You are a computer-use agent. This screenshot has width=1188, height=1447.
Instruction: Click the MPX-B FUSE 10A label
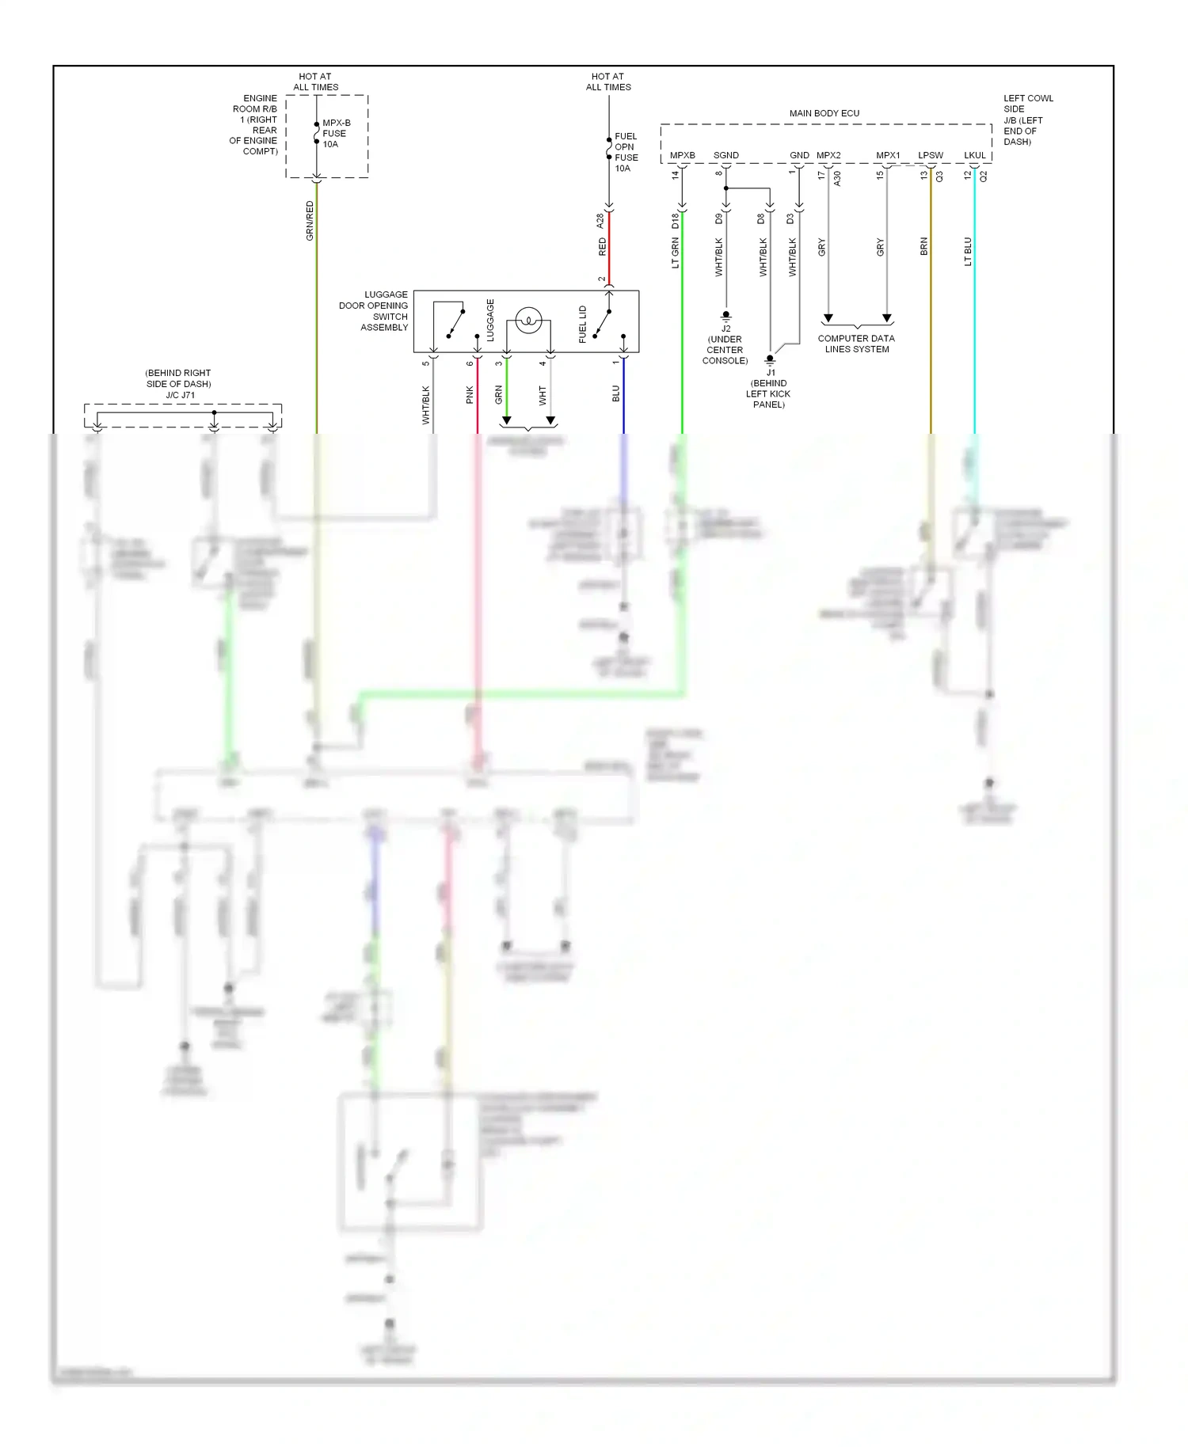coord(336,134)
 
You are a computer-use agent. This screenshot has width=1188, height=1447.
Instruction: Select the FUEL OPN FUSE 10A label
coord(626,152)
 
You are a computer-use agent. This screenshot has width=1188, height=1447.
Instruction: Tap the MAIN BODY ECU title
coord(824,113)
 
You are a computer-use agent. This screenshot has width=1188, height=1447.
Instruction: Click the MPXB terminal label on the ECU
coord(682,155)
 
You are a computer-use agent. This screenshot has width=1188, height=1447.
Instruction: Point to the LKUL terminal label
coord(974,155)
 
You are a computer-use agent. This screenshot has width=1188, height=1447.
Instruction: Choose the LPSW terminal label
coord(930,155)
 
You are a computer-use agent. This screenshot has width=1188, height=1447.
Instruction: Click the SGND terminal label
coord(725,155)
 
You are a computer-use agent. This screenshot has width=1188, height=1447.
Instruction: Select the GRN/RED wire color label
coord(310,221)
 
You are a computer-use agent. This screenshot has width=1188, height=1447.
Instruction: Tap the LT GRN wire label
coord(676,253)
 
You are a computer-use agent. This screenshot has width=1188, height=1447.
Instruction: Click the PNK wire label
coord(470,395)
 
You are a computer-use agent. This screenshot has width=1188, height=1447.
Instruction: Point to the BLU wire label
coord(616,393)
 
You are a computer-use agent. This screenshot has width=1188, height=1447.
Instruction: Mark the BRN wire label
coord(923,247)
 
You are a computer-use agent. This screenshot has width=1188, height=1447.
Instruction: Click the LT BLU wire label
coord(968,251)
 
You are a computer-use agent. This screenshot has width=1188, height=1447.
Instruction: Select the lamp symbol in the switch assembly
coord(528,321)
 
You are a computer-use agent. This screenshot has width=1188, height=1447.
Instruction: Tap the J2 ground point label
coord(725,329)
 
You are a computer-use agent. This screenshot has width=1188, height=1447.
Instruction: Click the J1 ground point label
coord(770,372)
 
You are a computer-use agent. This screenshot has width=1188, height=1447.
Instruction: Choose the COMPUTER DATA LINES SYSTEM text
coord(856,344)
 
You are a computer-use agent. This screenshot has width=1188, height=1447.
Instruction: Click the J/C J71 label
coord(180,395)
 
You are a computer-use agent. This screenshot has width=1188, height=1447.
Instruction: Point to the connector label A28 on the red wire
coord(600,221)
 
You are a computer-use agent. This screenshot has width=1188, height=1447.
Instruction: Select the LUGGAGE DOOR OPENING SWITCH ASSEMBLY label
coord(374,310)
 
